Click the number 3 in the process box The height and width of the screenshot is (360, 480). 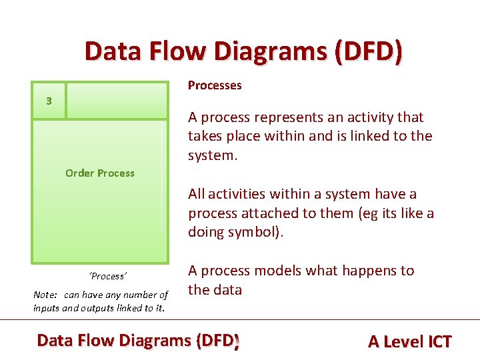(x=49, y=101)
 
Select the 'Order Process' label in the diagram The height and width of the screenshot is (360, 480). (x=100, y=173)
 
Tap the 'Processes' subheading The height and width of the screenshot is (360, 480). (x=215, y=85)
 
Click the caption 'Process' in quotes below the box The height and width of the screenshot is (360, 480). (x=108, y=276)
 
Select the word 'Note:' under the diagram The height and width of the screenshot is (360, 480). (x=45, y=295)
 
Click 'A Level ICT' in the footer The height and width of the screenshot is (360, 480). (x=409, y=341)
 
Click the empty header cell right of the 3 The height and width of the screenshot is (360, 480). (x=117, y=101)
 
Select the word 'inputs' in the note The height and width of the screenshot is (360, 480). (x=47, y=308)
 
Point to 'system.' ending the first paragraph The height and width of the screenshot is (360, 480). (x=213, y=155)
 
